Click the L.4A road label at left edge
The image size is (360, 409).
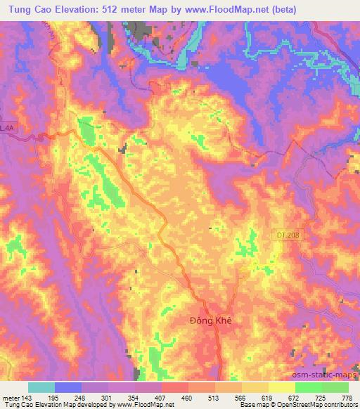coord(7,127)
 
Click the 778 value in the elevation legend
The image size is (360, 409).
coord(347,398)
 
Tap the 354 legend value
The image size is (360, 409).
coord(134,398)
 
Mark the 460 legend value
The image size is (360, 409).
coord(187,398)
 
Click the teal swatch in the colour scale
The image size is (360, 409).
coord(41,387)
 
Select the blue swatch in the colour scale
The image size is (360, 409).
coord(68,387)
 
